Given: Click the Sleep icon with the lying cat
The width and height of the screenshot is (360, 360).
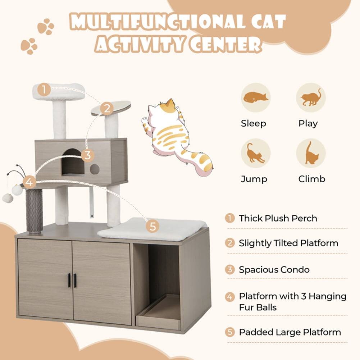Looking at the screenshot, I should [256, 97].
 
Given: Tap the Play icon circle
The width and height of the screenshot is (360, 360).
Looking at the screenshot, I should [311, 97].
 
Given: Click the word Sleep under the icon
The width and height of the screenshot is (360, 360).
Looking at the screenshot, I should [254, 124].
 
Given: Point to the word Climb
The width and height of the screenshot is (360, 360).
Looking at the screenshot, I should [311, 179].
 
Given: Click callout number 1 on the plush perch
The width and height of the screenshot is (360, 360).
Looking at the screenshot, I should [44, 90].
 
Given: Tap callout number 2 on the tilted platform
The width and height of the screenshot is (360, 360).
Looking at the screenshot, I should [106, 108].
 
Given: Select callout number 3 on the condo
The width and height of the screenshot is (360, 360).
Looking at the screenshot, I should [87, 156].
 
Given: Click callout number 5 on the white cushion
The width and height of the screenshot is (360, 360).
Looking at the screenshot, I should [153, 226].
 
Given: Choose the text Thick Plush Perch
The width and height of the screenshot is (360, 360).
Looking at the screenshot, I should [278, 218].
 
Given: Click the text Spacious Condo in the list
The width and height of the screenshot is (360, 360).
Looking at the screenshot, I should [274, 270].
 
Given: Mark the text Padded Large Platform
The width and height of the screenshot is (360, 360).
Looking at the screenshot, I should [290, 332].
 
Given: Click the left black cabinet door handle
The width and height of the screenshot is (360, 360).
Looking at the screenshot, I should [69, 281].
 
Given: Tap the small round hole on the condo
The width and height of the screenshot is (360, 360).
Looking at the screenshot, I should [94, 169].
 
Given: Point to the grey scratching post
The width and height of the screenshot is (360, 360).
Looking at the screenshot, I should [34, 211].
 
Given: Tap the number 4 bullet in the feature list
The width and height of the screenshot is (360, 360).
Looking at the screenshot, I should [230, 297].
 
